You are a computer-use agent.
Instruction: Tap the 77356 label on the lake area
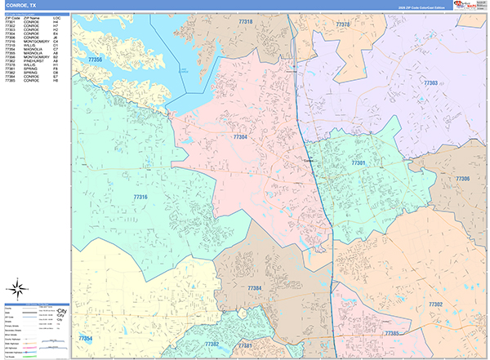(96, 60)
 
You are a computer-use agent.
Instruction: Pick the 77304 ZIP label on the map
(240, 137)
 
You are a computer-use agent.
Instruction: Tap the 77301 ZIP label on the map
(358, 163)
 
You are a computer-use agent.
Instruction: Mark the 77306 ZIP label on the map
(462, 178)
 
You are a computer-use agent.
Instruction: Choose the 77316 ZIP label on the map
(140, 197)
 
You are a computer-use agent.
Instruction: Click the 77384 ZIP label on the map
(255, 288)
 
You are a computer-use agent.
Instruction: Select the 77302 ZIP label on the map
(434, 304)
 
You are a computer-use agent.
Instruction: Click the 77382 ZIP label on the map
(212, 344)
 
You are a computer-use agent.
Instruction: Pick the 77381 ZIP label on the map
(244, 345)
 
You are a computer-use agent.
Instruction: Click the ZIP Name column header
(32, 16)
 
